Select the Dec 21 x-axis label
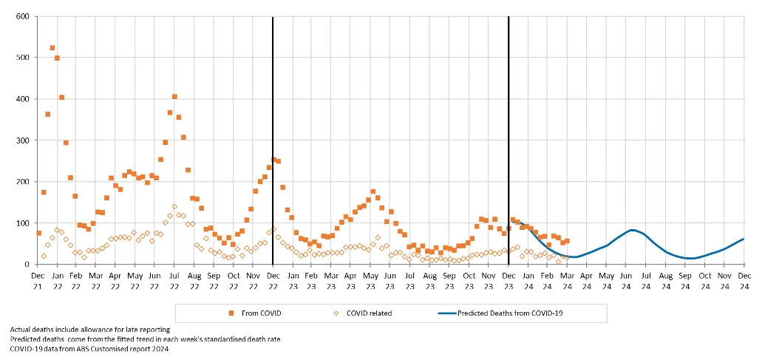(37, 280)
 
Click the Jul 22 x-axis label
(174, 280)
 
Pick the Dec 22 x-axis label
(273, 280)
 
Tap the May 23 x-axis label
(370, 280)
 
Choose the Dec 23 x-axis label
(509, 280)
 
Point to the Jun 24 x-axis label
(626, 280)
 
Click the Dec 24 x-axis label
(744, 280)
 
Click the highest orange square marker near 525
(52, 48)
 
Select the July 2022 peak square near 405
(174, 96)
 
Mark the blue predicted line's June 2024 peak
(633, 230)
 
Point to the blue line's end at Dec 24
(744, 239)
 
